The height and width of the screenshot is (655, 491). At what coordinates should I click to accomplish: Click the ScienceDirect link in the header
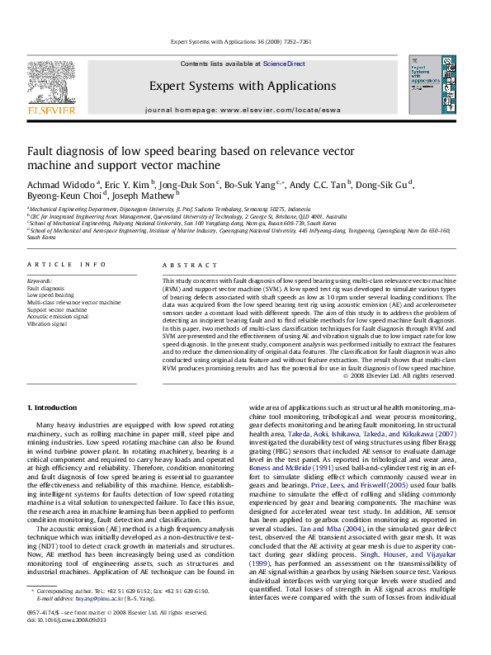tap(284, 64)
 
